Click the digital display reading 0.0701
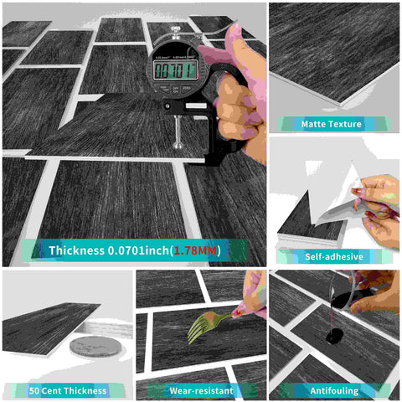(176, 70)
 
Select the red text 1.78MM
(198, 250)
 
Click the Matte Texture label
(332, 124)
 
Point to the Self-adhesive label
(332, 256)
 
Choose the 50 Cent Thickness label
(67, 389)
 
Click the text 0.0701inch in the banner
(143, 250)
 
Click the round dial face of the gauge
(177, 71)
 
